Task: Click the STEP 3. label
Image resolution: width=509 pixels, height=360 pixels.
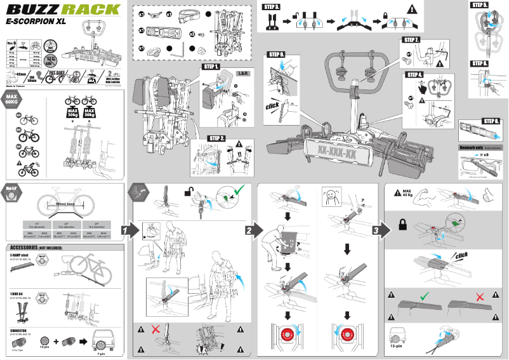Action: click(x=271, y=6)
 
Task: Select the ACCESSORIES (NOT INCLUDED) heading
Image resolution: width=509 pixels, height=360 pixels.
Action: click(x=37, y=248)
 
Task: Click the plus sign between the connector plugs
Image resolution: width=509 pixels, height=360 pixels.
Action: click(x=57, y=341)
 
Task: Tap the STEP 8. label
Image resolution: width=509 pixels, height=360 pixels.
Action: click(x=491, y=121)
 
